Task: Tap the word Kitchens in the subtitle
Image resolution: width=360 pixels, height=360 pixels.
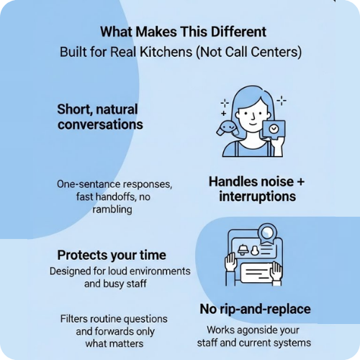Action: click(x=166, y=52)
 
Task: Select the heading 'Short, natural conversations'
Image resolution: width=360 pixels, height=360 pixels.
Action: click(x=100, y=117)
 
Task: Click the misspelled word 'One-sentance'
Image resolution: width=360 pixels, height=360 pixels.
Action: click(x=89, y=184)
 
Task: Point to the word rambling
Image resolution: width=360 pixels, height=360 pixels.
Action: click(x=112, y=210)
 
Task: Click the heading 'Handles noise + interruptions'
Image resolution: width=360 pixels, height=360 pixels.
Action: click(x=256, y=189)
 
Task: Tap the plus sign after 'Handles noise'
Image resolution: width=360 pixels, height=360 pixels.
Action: click(x=300, y=181)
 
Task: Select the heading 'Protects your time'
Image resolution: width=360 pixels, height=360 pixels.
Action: click(x=112, y=255)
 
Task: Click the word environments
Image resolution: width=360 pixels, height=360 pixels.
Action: click(x=161, y=271)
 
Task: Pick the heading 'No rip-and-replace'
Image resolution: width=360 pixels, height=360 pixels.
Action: click(x=255, y=309)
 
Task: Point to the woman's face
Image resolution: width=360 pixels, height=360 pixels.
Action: click(x=253, y=114)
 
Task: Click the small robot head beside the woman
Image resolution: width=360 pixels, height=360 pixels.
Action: click(x=228, y=127)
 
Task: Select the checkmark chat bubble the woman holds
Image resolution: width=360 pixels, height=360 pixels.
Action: click(x=274, y=130)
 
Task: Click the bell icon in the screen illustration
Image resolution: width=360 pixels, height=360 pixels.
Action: click(x=243, y=250)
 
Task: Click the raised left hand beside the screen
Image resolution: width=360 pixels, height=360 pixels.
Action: click(x=231, y=261)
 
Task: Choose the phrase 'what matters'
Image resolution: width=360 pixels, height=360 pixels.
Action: click(x=114, y=343)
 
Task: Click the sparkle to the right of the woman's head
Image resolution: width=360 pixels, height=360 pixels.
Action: click(x=282, y=100)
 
